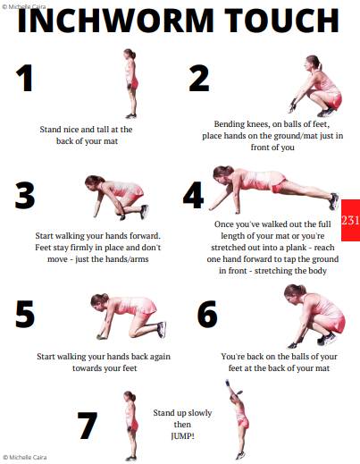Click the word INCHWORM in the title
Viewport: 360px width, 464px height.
[x=115, y=21]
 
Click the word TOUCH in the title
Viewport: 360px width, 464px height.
[x=281, y=21]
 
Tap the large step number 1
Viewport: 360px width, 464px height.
[x=24, y=78]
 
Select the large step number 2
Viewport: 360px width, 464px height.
[x=199, y=78]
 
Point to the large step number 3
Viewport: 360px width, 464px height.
[x=25, y=196]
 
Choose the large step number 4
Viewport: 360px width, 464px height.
[x=194, y=195]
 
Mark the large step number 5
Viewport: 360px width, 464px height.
[x=25, y=314]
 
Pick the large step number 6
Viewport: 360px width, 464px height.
[x=207, y=314]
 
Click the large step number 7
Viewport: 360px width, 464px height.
[x=88, y=426]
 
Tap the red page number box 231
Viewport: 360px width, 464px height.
[x=350, y=220]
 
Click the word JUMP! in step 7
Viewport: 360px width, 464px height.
[x=182, y=436]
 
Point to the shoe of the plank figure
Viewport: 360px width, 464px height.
[x=334, y=201]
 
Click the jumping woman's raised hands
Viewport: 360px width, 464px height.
[x=228, y=383]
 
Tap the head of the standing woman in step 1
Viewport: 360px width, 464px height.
[x=130, y=55]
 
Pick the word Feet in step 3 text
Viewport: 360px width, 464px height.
[x=43, y=248]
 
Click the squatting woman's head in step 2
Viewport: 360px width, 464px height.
[x=313, y=62]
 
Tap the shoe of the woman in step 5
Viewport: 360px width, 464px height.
[x=162, y=330]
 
